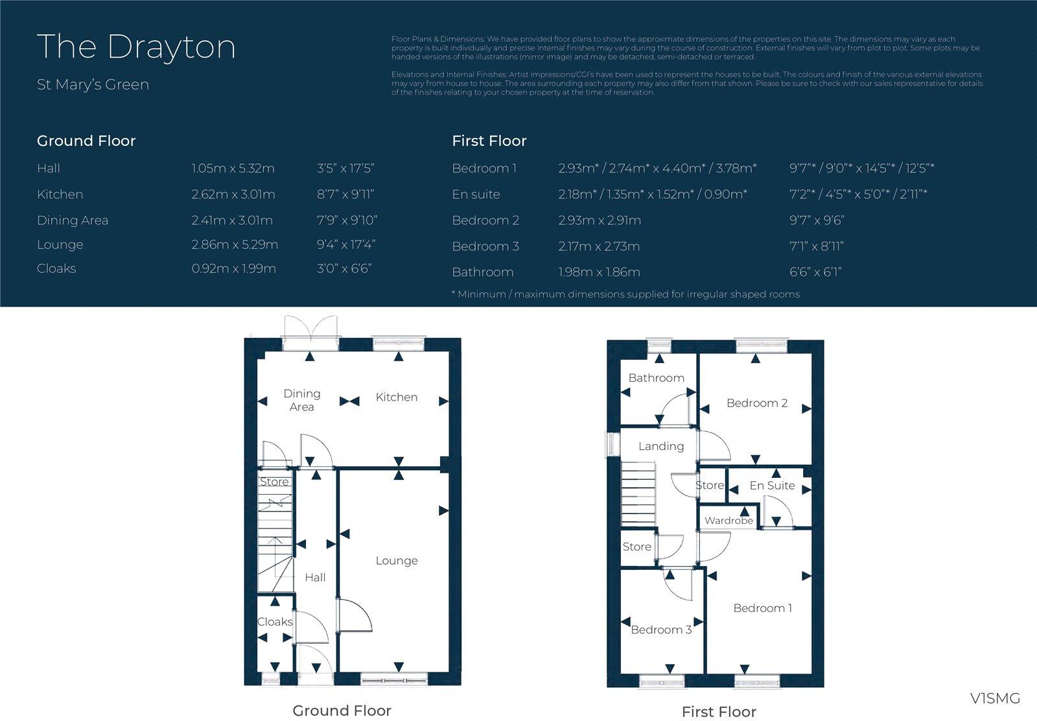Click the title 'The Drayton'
136,47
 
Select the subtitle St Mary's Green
93,85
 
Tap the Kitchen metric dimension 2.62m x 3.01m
233,195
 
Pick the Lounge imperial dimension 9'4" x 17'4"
346,245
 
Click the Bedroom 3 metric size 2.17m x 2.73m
599,246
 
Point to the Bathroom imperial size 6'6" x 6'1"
815,272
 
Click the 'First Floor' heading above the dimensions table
489,141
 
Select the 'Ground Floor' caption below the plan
342,711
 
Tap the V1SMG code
995,698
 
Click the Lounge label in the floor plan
397,561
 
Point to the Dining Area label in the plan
301,400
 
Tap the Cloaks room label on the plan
275,622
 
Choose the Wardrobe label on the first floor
728,521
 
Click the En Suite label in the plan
772,486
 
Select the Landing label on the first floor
660,446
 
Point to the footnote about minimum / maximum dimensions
625,294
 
